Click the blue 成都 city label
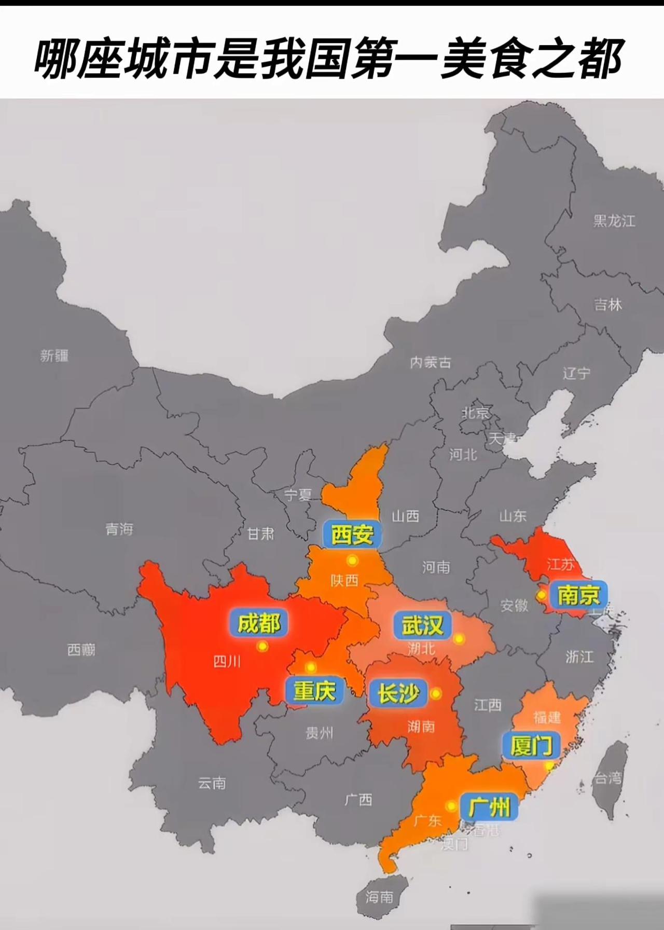tap(258, 623)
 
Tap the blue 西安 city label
tap(352, 535)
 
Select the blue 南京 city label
tap(578, 595)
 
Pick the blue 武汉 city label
tap(423, 625)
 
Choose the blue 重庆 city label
tap(314, 691)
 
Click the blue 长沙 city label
tap(398, 693)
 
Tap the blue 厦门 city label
tap(531, 746)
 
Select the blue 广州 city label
tap(489, 807)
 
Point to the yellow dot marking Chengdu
tap(262, 646)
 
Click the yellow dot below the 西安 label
tap(353, 560)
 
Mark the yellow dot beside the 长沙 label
tap(436, 693)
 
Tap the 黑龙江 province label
tap(614, 221)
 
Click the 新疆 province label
tap(54, 356)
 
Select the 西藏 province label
tap(81, 649)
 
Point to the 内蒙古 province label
tap(431, 362)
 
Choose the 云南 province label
tap(212, 783)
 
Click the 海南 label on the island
tap(379, 896)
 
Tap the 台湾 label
tap(608, 778)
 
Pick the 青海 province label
tap(119, 529)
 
